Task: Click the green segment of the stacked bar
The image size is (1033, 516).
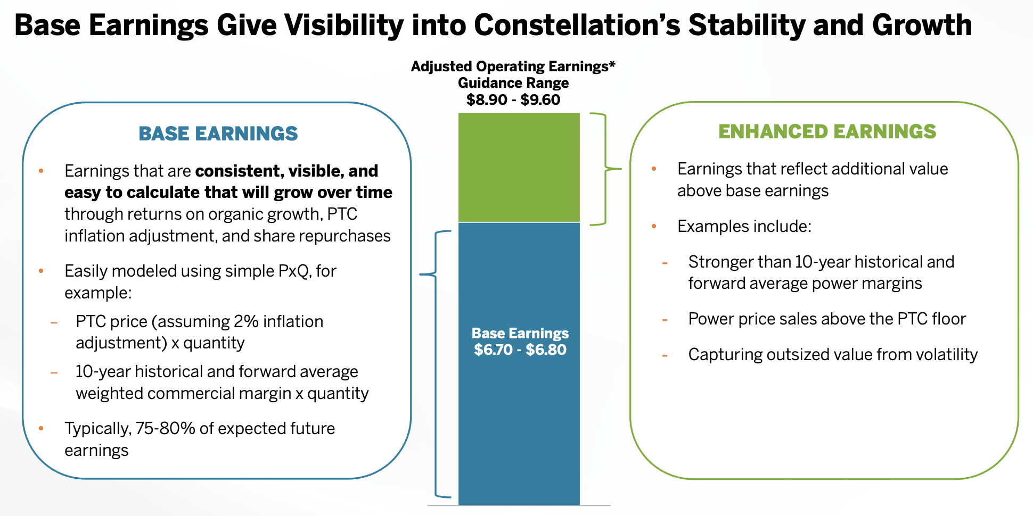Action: point(519,167)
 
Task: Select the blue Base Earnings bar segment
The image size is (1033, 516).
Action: point(519,415)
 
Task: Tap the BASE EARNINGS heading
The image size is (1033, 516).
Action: point(218,134)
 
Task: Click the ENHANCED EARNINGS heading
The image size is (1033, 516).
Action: point(827,131)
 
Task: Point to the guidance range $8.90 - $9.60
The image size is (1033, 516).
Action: point(513,100)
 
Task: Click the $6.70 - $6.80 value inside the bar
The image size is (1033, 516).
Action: point(520,350)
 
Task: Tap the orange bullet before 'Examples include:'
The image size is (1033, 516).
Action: point(654,227)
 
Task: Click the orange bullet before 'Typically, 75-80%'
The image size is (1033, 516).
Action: point(41,429)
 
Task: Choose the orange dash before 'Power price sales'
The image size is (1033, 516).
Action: point(665,320)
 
